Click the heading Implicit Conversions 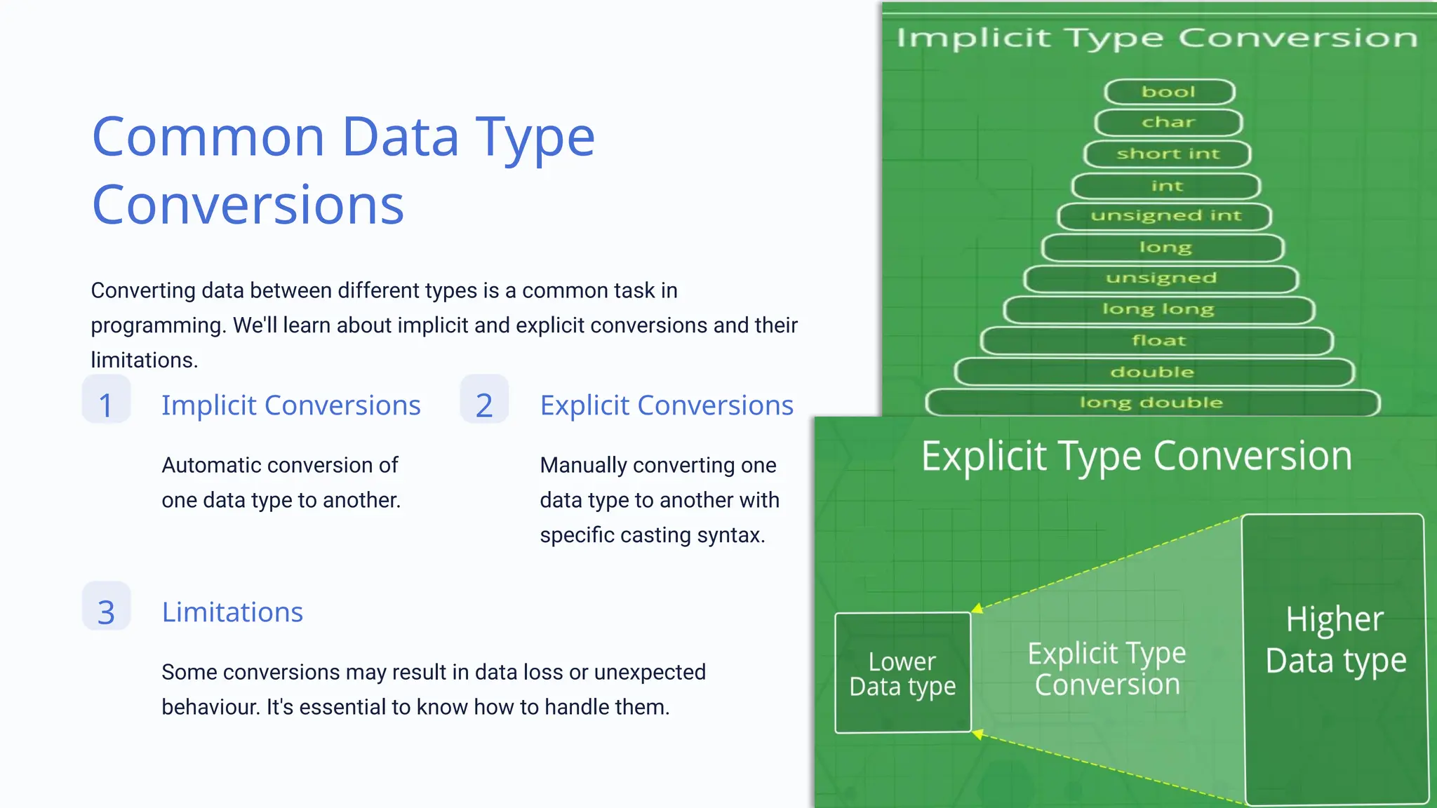[290, 405]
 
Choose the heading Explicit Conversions [666, 405]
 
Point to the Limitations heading [232, 612]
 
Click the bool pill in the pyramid [1169, 92]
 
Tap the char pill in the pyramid [1168, 122]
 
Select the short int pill [1168, 154]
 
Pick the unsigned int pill [1165, 216]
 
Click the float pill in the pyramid [1158, 341]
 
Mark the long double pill [1151, 403]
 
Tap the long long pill [1158, 309]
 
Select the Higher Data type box [1335, 659]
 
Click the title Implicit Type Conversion [1158, 38]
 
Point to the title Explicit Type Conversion [1136, 457]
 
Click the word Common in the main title [208, 137]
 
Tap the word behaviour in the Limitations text [210, 707]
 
